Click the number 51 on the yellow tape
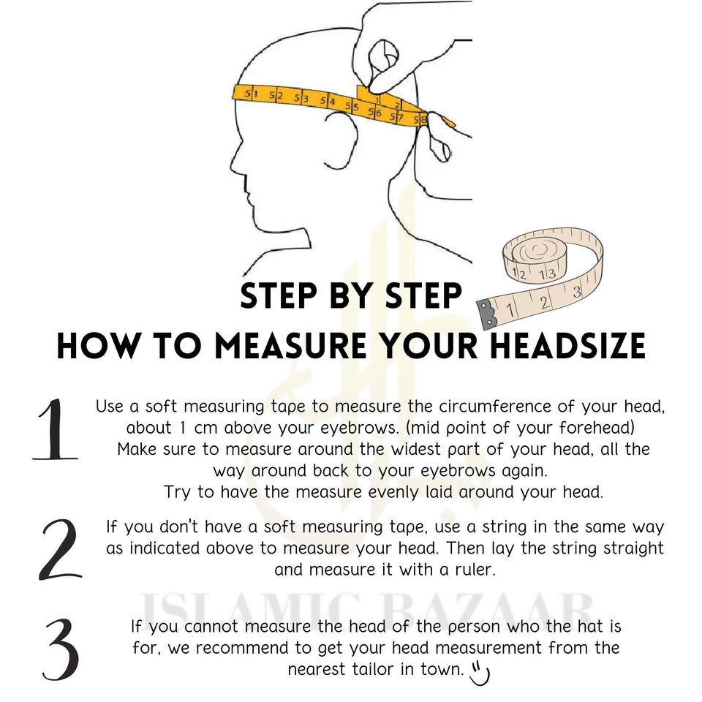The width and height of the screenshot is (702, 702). pos(251,94)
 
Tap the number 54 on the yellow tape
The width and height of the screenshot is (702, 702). pos(328,101)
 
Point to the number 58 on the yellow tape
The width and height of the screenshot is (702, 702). pos(420,119)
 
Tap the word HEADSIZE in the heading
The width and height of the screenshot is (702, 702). pos(567,346)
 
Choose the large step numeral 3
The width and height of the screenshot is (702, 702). pos(61,649)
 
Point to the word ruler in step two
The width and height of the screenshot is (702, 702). pos(475,570)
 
